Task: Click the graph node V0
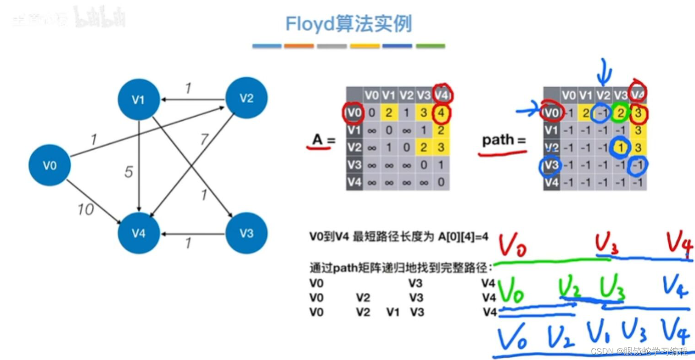click(50, 165)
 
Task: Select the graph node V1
click(139, 100)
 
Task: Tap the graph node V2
click(247, 98)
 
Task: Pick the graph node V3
click(247, 233)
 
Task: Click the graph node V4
click(139, 233)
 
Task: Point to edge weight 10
click(85, 209)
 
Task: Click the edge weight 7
click(204, 140)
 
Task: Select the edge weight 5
click(129, 172)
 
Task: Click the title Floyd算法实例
click(348, 24)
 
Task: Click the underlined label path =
click(504, 141)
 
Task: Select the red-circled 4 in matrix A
click(441, 113)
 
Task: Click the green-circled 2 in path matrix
click(620, 113)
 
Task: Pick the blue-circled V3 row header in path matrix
click(551, 165)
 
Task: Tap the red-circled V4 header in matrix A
click(442, 95)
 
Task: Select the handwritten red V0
click(512, 246)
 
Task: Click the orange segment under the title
click(299, 46)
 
